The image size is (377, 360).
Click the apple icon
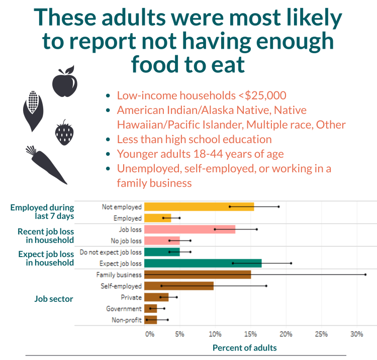pyautogui.click(x=65, y=82)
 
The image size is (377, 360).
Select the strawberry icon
pyautogui.click(x=63, y=133)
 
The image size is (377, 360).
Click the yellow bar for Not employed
pyautogui.click(x=199, y=206)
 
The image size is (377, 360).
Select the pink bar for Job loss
pyautogui.click(x=190, y=229)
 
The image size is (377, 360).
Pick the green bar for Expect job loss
pyautogui.click(x=203, y=263)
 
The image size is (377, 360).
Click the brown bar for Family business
pyautogui.click(x=197, y=275)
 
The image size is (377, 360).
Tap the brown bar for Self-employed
pyautogui.click(x=178, y=286)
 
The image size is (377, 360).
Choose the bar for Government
pyautogui.click(x=150, y=308)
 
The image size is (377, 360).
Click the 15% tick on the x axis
pyautogui.click(x=250, y=334)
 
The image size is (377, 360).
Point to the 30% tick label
pyautogui.click(x=356, y=334)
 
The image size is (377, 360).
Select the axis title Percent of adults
pyautogui.click(x=244, y=347)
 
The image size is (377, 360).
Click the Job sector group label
pyautogui.click(x=54, y=299)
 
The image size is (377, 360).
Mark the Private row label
pyautogui.click(x=131, y=297)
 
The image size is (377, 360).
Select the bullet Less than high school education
pyautogui.click(x=194, y=139)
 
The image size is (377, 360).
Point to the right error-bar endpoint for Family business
pyautogui.click(x=365, y=275)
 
